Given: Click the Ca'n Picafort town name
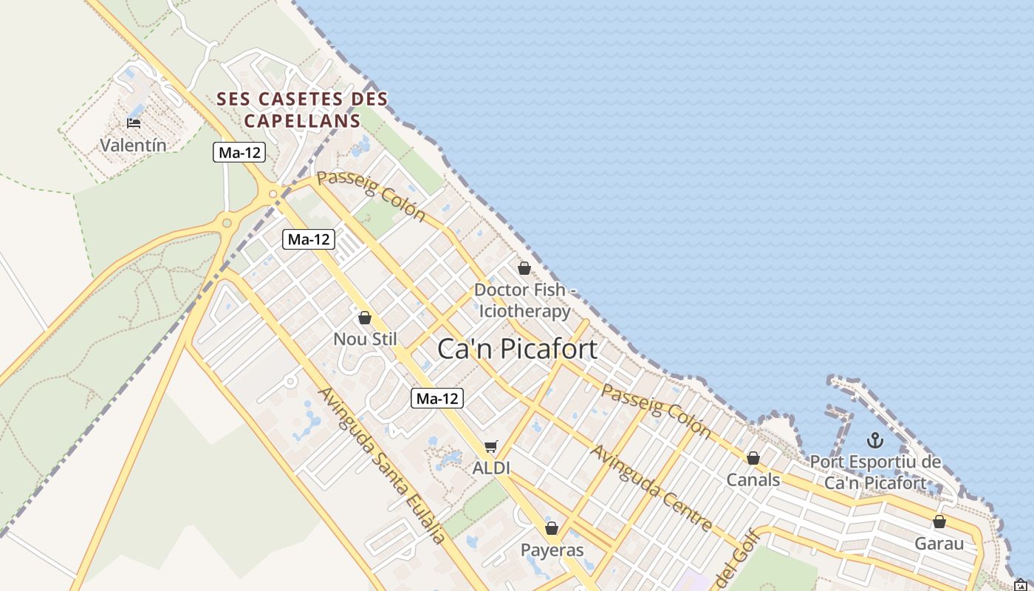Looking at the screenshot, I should tap(517, 349).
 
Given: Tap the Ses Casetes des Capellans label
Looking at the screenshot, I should tap(302, 109).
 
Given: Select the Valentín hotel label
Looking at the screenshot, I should tap(133, 145).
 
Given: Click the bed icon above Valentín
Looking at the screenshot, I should tap(134, 123).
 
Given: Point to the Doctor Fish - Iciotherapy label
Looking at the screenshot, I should tap(524, 301).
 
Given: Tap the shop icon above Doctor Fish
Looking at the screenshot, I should tap(524, 268).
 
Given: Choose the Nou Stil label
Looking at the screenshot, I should tap(365, 339).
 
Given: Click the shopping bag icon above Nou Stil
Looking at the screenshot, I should tap(364, 318).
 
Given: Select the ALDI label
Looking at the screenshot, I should tap(491, 468).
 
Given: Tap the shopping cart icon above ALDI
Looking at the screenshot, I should tap(491, 446).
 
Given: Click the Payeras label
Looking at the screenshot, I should tap(552, 550).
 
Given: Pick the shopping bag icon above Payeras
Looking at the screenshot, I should tap(552, 528).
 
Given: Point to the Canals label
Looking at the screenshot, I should tap(753, 480).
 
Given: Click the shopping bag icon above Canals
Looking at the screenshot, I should tap(753, 459).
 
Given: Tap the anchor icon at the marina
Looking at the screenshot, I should tap(874, 441).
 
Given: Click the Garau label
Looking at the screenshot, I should tap(939, 544).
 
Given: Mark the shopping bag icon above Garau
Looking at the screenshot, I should tap(939, 522).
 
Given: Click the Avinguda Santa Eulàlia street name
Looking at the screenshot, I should tap(382, 465).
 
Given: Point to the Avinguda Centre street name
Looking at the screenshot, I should tap(651, 488).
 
